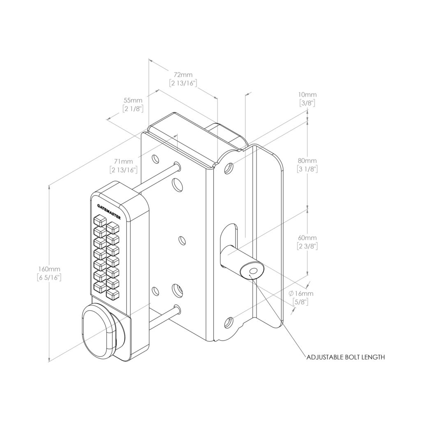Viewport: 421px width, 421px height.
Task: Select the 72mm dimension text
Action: tap(183, 75)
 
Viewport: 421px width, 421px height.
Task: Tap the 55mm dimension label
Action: tap(133, 100)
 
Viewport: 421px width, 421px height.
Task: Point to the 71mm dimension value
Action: tap(124, 161)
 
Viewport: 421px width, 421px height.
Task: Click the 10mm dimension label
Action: tap(308, 95)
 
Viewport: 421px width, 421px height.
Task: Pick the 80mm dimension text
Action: tap(308, 160)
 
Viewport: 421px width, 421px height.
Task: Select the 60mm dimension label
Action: tap(308, 238)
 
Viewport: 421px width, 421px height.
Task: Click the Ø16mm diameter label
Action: tap(301, 294)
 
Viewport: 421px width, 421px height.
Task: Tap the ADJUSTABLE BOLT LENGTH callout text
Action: tap(345, 357)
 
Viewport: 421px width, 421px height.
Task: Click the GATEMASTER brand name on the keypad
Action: tap(109, 211)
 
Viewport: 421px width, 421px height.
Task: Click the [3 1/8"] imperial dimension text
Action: tap(308, 169)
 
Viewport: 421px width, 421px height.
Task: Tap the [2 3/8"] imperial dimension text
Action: tap(308, 246)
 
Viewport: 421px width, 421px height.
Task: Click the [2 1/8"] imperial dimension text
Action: tap(132, 109)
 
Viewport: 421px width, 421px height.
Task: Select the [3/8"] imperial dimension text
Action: tap(308, 103)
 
